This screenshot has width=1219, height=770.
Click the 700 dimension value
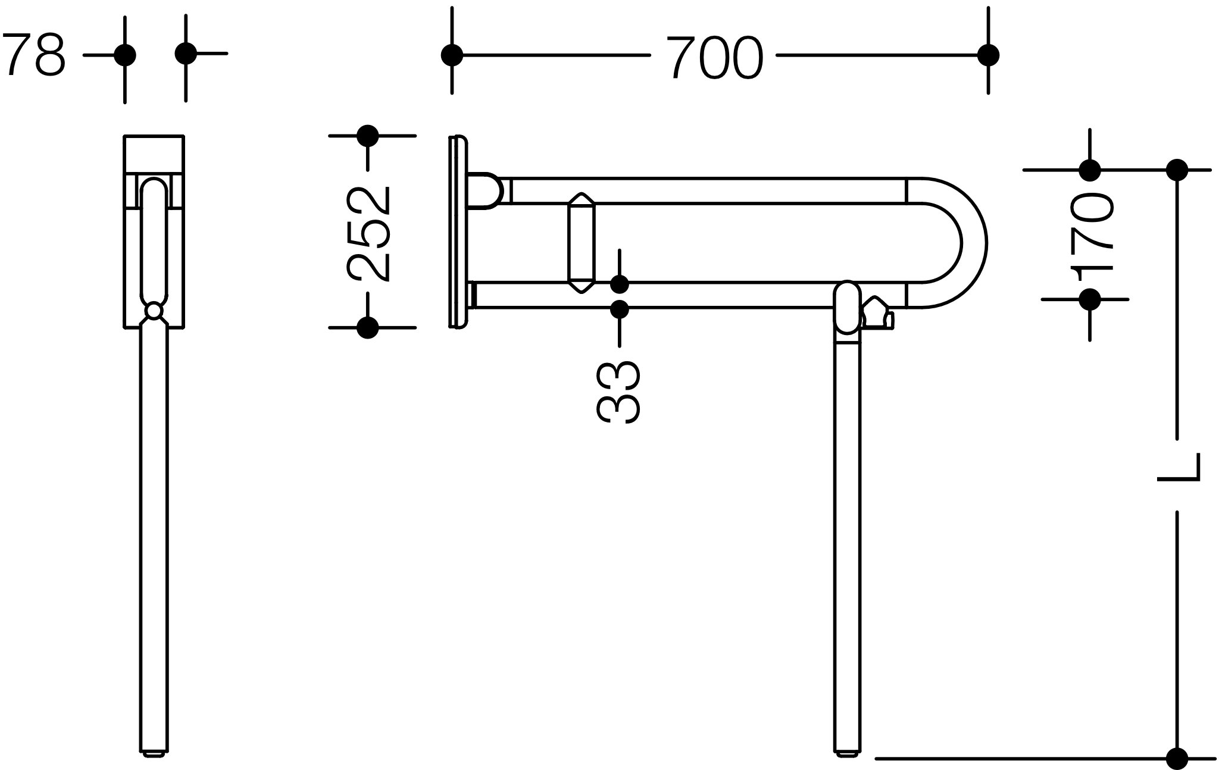714,58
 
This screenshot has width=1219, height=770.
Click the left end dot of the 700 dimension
452,55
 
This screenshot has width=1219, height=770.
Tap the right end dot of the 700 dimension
988,55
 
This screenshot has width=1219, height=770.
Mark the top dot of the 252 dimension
368,136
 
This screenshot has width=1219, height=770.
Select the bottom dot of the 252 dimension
368,327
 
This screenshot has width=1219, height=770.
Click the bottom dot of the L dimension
1177,758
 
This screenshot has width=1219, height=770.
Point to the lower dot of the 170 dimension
1090,299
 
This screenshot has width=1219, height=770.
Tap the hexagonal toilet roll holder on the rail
582,242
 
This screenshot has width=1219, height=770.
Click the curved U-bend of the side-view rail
974,243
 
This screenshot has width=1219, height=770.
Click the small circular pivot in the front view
154,310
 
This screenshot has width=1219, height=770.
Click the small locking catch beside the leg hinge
877,313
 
